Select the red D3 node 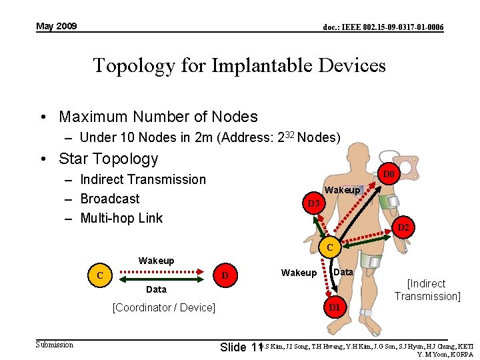(313, 203)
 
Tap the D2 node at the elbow (403, 227)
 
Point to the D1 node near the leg (334, 307)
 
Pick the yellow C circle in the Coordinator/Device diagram (100, 275)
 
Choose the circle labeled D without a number (225, 275)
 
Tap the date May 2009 (57, 26)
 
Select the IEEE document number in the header (383, 27)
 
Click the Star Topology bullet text (108, 159)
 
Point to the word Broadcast (109, 199)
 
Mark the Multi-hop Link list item (121, 218)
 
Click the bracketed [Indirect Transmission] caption (427, 290)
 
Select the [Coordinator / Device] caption (163, 307)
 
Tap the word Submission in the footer (55, 344)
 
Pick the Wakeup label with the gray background (343, 190)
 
